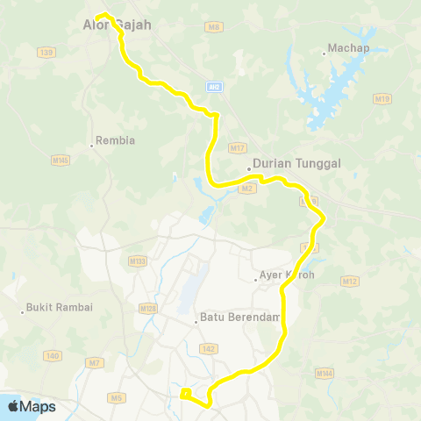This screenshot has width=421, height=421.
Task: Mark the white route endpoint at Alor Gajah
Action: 101,15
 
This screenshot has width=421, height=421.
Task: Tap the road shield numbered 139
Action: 46,53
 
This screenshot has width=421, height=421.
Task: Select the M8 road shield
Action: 213,27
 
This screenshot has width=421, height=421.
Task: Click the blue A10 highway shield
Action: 214,86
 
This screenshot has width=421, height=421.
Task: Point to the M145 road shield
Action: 60,161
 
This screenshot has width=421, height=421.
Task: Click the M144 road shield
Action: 325,374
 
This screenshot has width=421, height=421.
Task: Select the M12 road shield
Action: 351,281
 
